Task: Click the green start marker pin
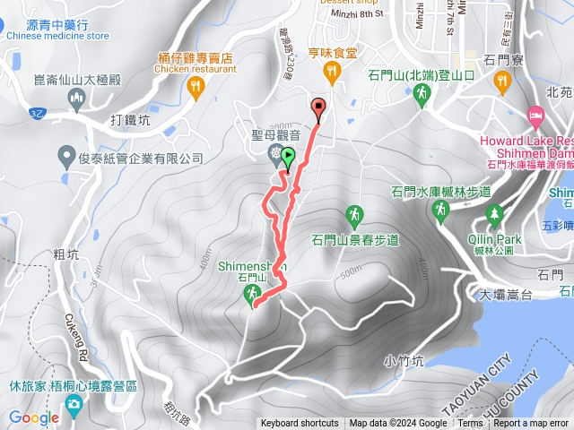(288, 159)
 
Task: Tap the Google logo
(34, 417)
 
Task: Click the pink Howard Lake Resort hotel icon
(535, 116)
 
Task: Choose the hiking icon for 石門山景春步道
(354, 216)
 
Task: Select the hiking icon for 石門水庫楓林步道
(440, 211)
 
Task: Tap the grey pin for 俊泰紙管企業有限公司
(65, 158)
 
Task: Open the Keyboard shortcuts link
(300, 424)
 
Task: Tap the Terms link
(470, 424)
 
